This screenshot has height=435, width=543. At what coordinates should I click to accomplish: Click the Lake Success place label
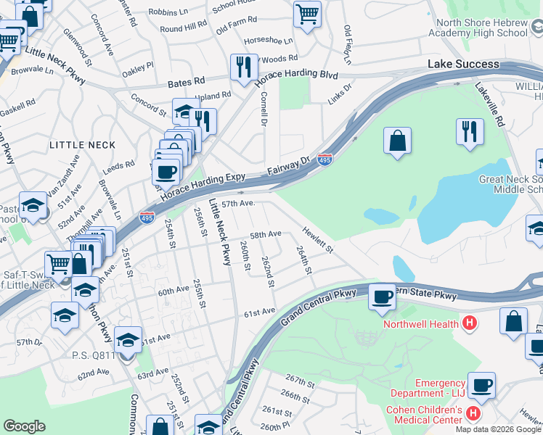pyautogui.click(x=463, y=64)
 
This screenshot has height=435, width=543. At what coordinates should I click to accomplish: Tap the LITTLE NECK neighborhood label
pyautogui.click(x=82, y=145)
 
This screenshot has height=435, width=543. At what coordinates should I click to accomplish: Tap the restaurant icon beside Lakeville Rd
pyautogui.click(x=470, y=131)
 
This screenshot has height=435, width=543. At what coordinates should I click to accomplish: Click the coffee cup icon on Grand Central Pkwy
pyautogui.click(x=381, y=296)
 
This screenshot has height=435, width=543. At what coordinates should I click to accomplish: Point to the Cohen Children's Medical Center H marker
pyautogui.click(x=473, y=414)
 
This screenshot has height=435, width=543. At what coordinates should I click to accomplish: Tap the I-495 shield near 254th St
pyautogui.click(x=147, y=216)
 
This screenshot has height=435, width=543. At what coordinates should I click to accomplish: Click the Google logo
pyautogui.click(x=24, y=426)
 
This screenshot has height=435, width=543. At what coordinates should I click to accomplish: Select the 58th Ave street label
pyautogui.click(x=265, y=235)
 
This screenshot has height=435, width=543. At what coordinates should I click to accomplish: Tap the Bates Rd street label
pyautogui.click(x=187, y=83)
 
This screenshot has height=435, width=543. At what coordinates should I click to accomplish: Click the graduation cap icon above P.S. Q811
pyautogui.click(x=128, y=341)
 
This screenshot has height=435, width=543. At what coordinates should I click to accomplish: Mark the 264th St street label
pyautogui.click(x=303, y=260)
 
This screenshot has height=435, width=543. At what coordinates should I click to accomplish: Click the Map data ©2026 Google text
pyautogui.click(x=498, y=428)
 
